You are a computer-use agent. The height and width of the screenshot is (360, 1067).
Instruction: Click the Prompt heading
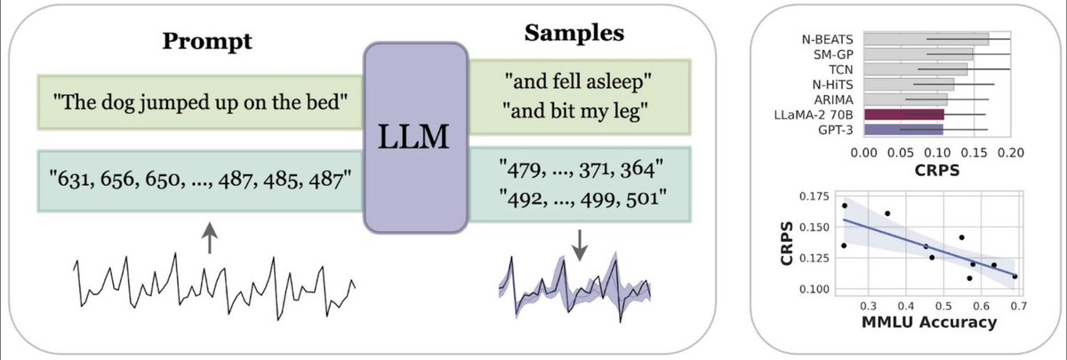click(207, 42)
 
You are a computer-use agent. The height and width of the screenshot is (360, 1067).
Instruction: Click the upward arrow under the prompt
click(208, 237)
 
